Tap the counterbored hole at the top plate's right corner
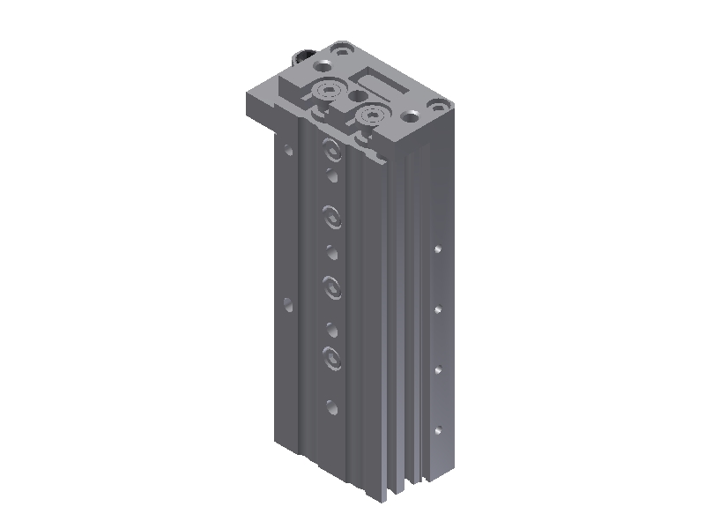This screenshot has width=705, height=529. [x=412, y=115]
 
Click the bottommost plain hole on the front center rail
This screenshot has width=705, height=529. [x=331, y=406]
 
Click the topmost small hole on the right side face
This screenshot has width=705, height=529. [x=437, y=250]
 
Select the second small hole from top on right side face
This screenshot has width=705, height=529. [x=437, y=309]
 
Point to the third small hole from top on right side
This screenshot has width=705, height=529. [x=437, y=369]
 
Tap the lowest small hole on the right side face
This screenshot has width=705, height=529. [x=437, y=430]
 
